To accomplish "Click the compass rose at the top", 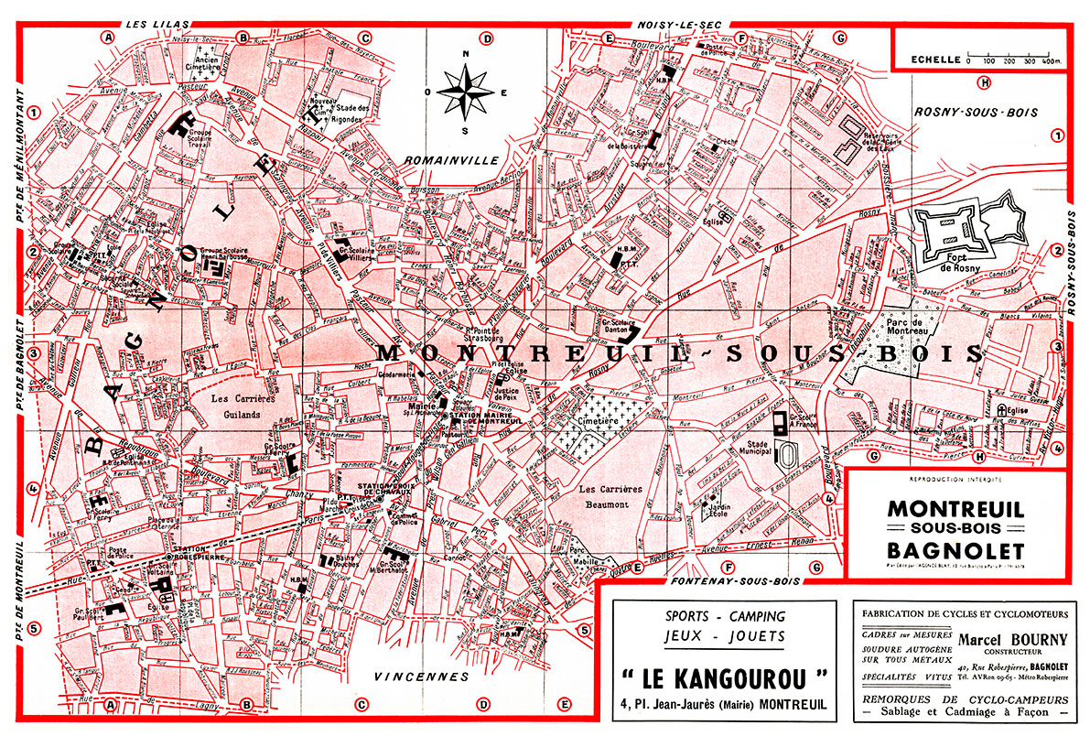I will (x=466, y=92).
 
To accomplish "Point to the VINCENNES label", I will (x=422, y=677).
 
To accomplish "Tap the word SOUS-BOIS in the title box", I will (x=955, y=530).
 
